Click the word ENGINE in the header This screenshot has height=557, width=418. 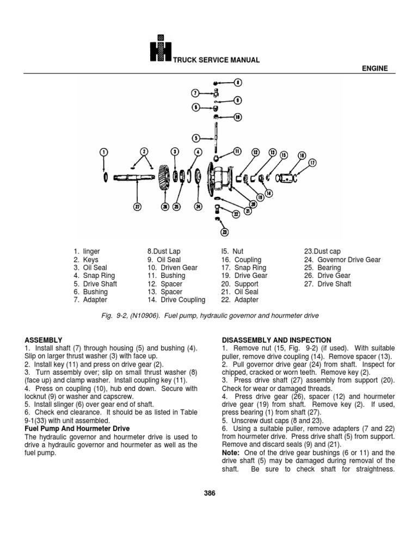click(373, 69)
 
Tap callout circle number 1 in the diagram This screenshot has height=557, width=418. click(104, 151)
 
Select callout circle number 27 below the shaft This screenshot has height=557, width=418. click(138, 206)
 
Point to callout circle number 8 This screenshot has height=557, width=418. click(238, 83)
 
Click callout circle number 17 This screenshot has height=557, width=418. click(312, 162)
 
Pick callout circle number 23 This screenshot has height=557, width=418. click(224, 232)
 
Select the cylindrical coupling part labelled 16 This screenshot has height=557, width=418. click(287, 178)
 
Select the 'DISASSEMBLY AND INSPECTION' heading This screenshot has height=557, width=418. click(276, 339)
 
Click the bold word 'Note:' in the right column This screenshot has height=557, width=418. click(231, 453)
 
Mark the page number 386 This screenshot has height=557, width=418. click(210, 493)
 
